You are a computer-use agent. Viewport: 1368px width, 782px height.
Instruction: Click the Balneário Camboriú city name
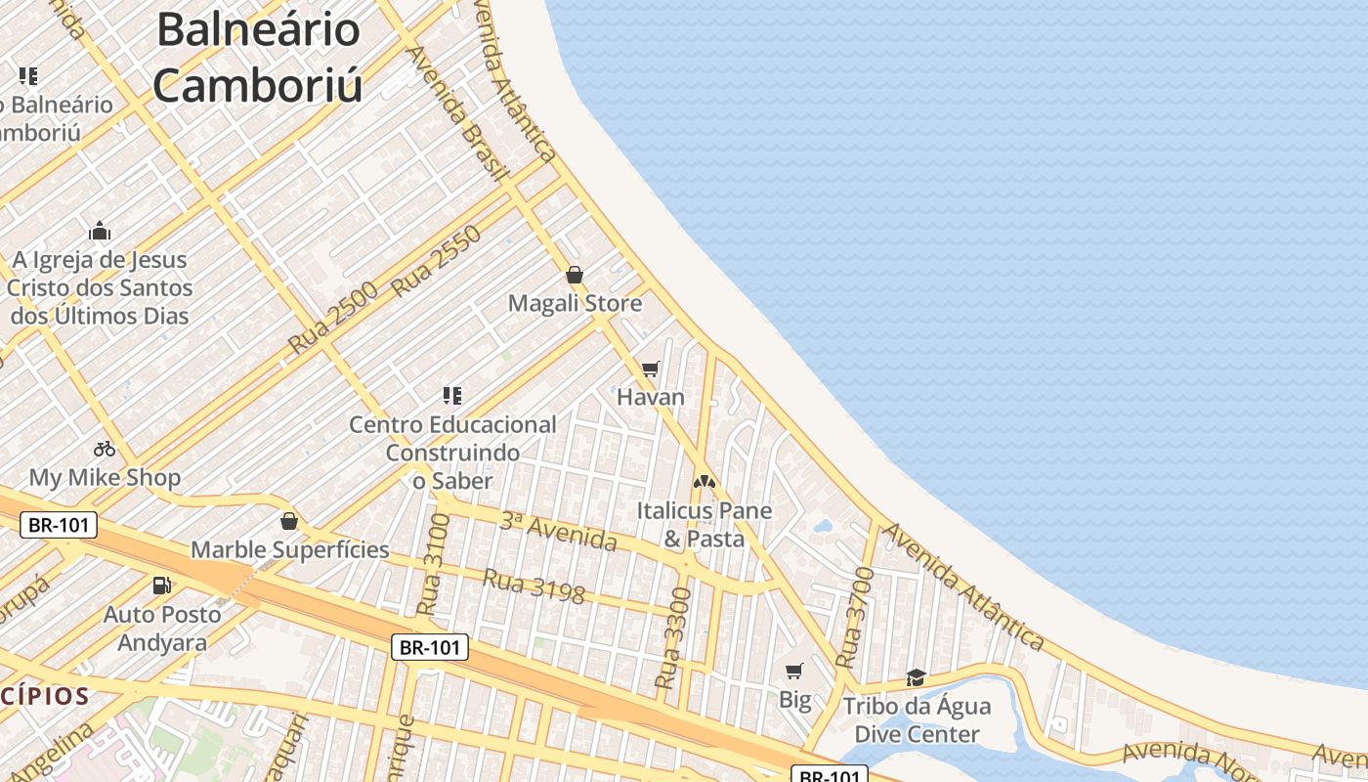point(258,57)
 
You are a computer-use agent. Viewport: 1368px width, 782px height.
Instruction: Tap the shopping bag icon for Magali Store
point(575,275)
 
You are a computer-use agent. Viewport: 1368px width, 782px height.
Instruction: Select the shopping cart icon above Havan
point(651,369)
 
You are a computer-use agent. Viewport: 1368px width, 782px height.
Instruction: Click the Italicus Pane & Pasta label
point(704,525)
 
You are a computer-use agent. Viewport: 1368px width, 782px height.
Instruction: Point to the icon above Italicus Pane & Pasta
point(704,481)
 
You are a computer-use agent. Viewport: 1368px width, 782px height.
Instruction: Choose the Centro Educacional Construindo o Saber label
point(452,453)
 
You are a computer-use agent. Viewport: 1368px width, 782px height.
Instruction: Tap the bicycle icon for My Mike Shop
point(105,449)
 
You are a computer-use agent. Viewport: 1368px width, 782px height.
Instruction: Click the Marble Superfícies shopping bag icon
point(288,521)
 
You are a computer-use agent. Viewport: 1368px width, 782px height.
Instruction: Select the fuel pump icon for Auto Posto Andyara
point(161,586)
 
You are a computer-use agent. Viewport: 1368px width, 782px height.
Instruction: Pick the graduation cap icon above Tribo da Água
point(916,677)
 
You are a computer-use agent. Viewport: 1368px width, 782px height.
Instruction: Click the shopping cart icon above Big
point(794,671)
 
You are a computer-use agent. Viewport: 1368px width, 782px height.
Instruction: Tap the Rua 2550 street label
point(437,261)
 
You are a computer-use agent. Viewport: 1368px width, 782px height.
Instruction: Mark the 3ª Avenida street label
point(558,531)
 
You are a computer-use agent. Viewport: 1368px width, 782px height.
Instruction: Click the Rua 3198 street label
point(534,586)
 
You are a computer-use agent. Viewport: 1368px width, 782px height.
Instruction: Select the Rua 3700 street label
point(853,618)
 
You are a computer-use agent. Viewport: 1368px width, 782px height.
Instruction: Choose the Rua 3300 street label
point(673,638)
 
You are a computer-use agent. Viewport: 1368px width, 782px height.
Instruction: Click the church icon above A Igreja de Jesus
point(100,232)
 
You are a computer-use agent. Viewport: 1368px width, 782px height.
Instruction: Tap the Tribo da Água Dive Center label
point(917,720)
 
